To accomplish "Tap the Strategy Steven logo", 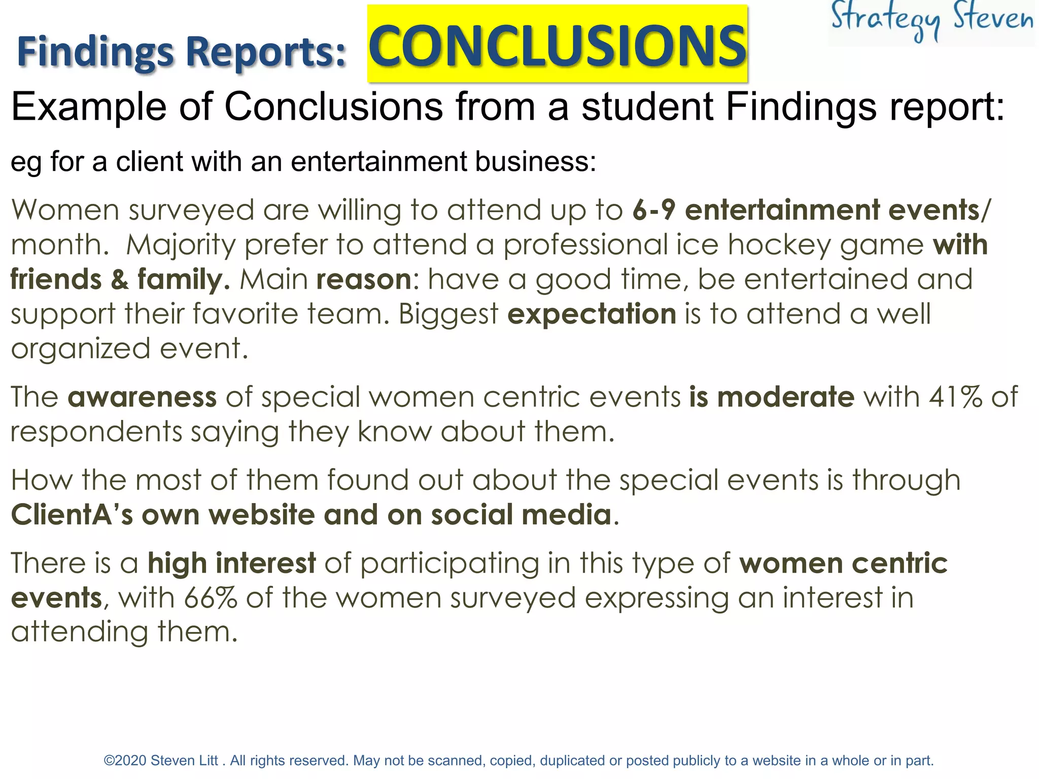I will coord(931,20).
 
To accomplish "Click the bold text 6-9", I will coord(654,210).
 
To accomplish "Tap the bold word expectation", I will coord(592,314).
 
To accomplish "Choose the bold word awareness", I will coord(142,397).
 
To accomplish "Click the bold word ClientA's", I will coord(72,515).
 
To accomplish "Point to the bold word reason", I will coord(364,279).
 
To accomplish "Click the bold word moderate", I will coord(786,397).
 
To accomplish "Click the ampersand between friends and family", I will coord(120,279).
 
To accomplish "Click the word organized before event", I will coord(81,349).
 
